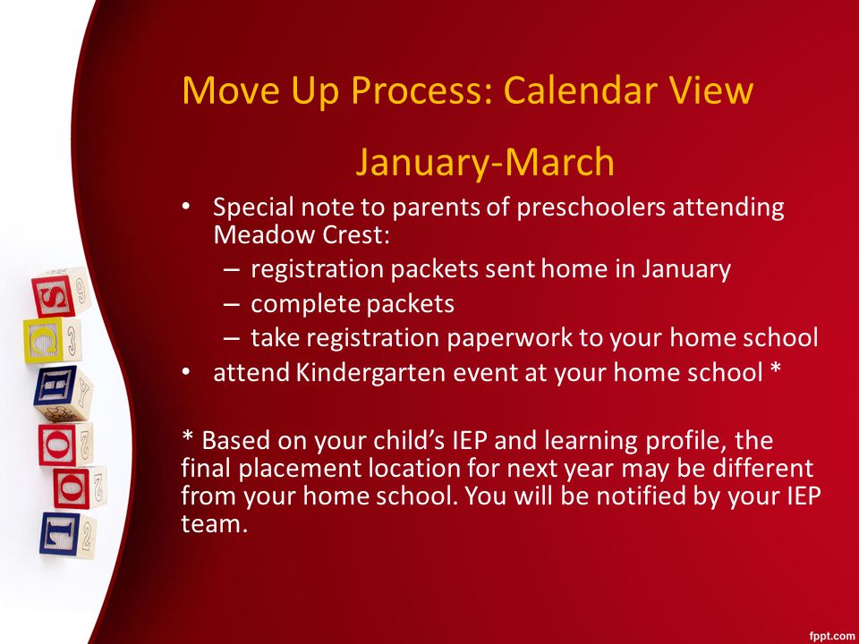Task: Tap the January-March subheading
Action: pyautogui.click(x=485, y=162)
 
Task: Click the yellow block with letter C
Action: pyautogui.click(x=45, y=341)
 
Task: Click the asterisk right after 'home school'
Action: pyautogui.click(x=775, y=369)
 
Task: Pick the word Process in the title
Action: pyautogui.click(x=422, y=89)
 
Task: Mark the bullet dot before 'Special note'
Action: pyautogui.click(x=186, y=207)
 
